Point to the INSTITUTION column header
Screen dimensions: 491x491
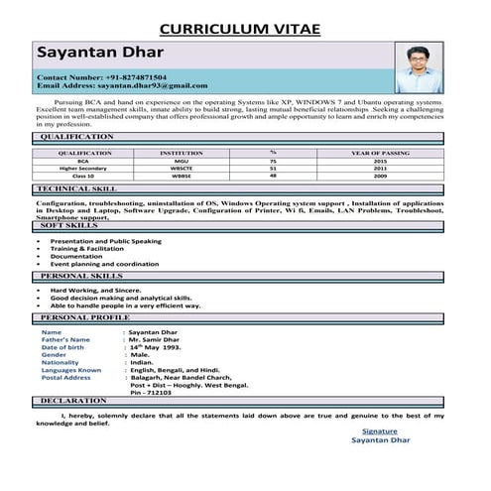(x=181, y=154)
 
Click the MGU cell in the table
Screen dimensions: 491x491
(x=181, y=162)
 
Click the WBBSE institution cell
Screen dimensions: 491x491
(x=181, y=177)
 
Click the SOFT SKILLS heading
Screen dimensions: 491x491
(x=69, y=226)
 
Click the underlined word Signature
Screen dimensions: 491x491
(x=380, y=431)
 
